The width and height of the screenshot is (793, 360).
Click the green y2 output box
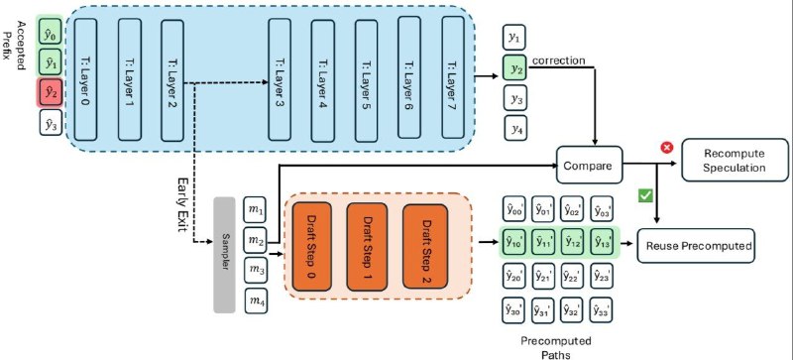click(x=513, y=68)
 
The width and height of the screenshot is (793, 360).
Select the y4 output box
click(x=513, y=128)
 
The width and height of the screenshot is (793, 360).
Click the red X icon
click(x=666, y=147)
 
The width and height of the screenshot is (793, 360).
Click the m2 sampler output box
click(x=256, y=240)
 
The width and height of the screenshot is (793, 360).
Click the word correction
click(x=559, y=60)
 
